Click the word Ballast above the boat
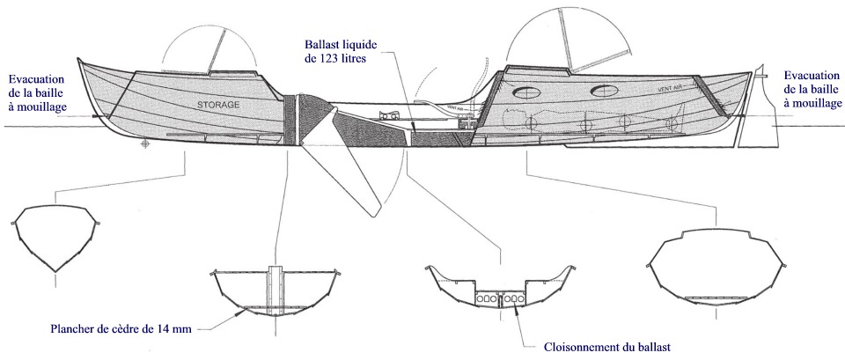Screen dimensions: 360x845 point(323,42)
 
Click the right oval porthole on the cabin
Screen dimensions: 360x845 point(605,90)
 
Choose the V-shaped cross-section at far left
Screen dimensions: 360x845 point(56,238)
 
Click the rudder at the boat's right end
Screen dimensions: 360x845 point(746,132)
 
